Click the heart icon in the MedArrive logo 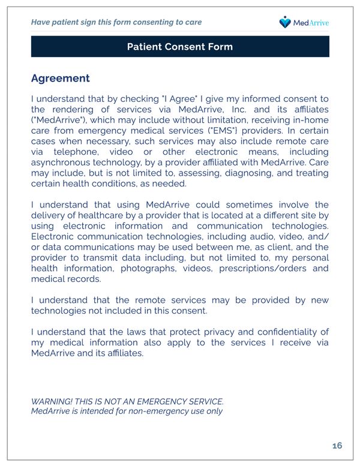(x=285, y=22)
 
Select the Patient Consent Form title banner (x=180, y=47)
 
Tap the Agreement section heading (x=60, y=79)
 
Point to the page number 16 (x=337, y=446)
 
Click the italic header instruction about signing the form (x=116, y=22)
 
